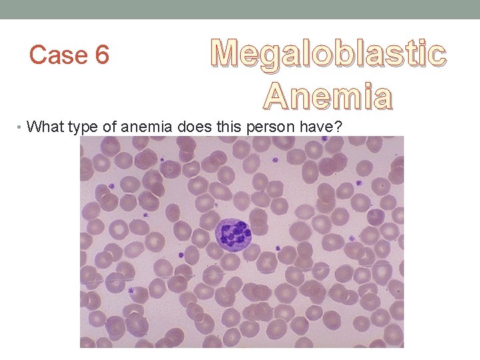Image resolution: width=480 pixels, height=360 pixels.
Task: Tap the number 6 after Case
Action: point(102,55)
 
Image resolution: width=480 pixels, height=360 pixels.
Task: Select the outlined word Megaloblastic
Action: point(328,54)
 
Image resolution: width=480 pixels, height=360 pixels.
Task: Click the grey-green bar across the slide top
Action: point(240,9)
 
